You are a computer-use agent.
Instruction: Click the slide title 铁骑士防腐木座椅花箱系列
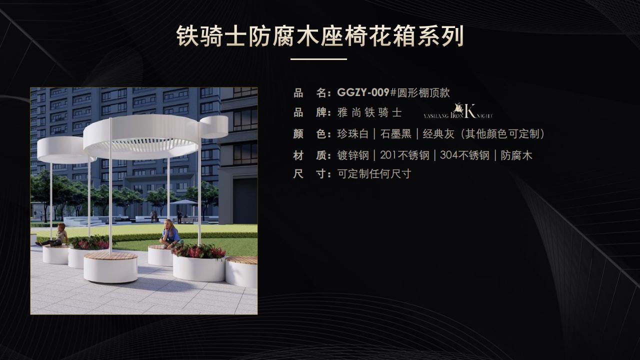tap(320, 36)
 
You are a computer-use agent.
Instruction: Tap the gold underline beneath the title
tap(318, 59)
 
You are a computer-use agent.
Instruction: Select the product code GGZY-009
tap(363, 92)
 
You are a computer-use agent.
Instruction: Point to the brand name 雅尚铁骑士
tap(369, 112)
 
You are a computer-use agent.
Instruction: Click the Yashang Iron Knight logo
tap(458, 111)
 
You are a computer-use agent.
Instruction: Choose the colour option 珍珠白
tap(353, 134)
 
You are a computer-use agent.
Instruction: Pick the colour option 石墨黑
tap(395, 134)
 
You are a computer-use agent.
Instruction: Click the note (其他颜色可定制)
tap(503, 134)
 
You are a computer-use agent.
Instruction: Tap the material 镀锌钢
tap(353, 155)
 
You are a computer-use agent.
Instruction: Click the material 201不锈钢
tap(404, 155)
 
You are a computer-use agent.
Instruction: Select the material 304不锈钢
tap(464, 155)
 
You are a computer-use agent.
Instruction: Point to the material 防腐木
tap(516, 155)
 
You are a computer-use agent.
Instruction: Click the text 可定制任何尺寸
tap(374, 174)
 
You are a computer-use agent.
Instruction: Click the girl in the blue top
tap(171, 233)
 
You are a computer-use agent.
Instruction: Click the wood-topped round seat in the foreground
tap(110, 267)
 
